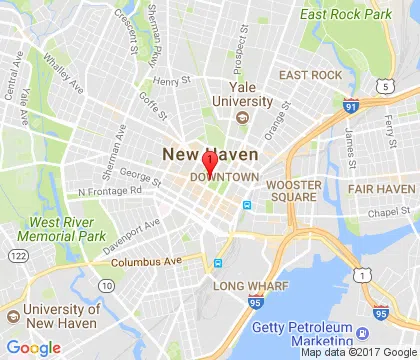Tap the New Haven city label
(210, 154)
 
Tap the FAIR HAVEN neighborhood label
(381, 188)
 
